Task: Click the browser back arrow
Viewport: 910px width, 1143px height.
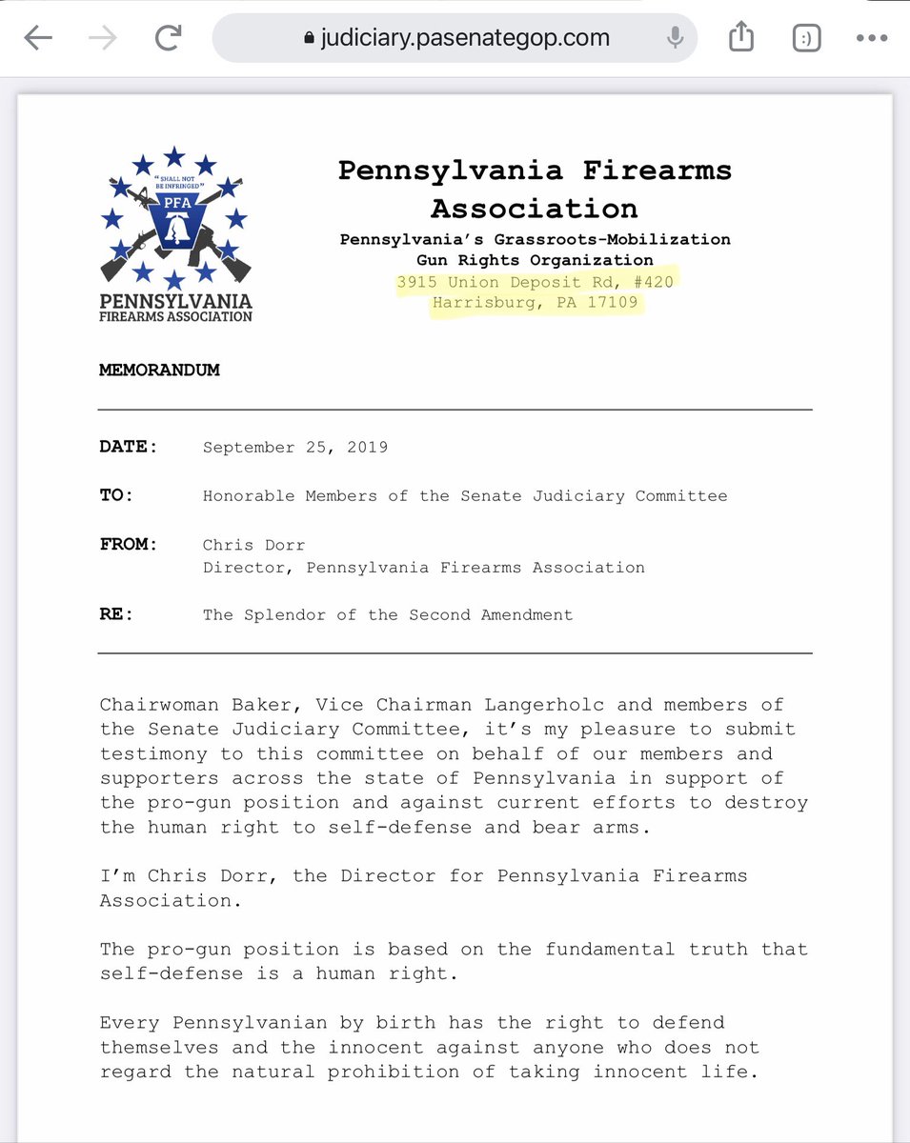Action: pyautogui.click(x=37, y=38)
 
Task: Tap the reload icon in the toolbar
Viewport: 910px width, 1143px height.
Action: pyautogui.click(x=169, y=38)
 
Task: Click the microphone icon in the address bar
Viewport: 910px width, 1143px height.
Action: pyautogui.click(x=675, y=38)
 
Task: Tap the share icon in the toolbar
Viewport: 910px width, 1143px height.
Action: pyautogui.click(x=740, y=38)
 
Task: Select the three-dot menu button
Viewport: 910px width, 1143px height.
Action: pyautogui.click(x=871, y=38)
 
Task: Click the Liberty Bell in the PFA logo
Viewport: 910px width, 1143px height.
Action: pyautogui.click(x=173, y=228)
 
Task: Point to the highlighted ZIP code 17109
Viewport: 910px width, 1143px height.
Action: pyautogui.click(x=611, y=304)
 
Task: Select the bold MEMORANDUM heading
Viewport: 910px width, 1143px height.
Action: pyautogui.click(x=159, y=370)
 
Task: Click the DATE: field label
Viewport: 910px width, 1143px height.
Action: pyautogui.click(x=128, y=447)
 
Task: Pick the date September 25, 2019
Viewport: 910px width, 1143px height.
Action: pyautogui.click(x=295, y=447)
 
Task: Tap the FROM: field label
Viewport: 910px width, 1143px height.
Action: pyautogui.click(x=128, y=544)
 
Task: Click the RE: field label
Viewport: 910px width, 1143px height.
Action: pyautogui.click(x=116, y=614)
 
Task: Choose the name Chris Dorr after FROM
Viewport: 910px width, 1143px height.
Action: pyautogui.click(x=254, y=544)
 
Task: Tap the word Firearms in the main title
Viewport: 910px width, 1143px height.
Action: pyautogui.click(x=646, y=170)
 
